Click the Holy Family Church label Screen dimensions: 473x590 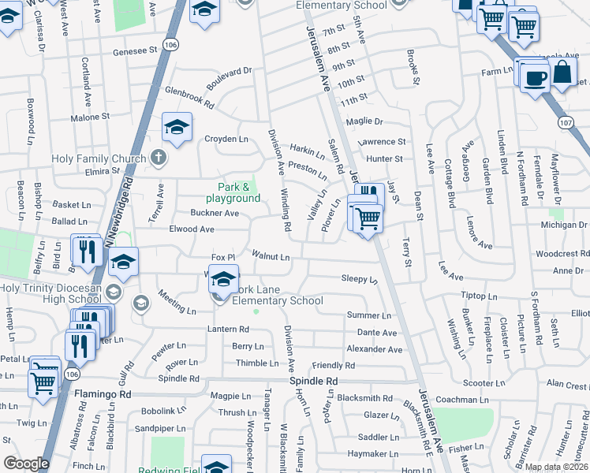[x=99, y=158]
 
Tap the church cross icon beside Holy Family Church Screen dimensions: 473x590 [x=158, y=158]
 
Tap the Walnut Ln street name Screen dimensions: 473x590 [x=271, y=255]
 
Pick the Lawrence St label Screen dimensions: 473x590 [x=381, y=142]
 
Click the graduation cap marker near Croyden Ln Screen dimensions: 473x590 [x=177, y=125]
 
